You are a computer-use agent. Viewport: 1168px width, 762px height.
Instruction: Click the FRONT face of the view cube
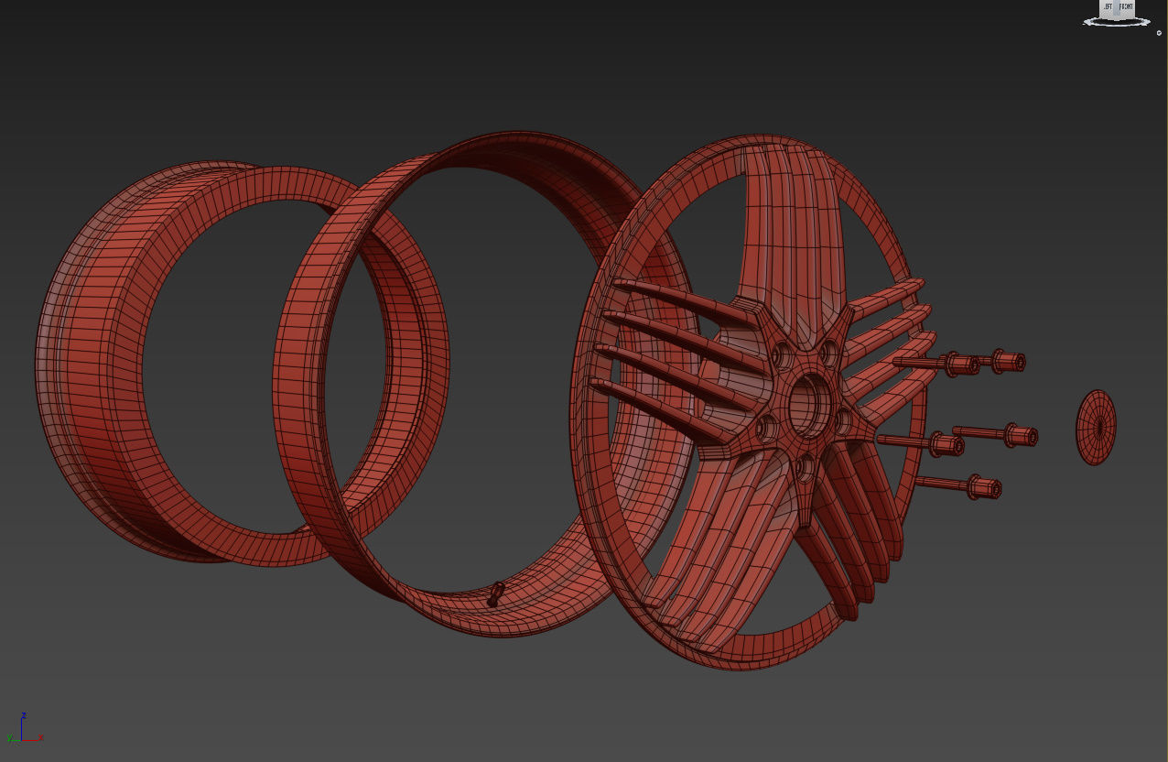click(1125, 8)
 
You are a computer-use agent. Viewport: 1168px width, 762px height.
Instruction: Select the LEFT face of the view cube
click(1107, 8)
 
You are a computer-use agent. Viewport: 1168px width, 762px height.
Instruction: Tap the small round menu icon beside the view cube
click(1159, 33)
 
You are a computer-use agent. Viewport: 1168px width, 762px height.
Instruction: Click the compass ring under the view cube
click(1116, 23)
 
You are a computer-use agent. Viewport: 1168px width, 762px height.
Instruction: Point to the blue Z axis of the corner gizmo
click(23, 723)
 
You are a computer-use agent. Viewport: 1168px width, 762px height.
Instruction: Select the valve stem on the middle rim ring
click(495, 594)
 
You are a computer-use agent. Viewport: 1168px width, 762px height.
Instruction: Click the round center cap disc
click(1096, 427)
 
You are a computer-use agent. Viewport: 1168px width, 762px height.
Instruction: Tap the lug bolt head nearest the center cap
click(1019, 435)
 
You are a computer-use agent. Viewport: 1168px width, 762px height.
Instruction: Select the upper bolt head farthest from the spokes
click(1007, 362)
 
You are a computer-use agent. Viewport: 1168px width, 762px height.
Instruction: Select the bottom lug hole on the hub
click(805, 467)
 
